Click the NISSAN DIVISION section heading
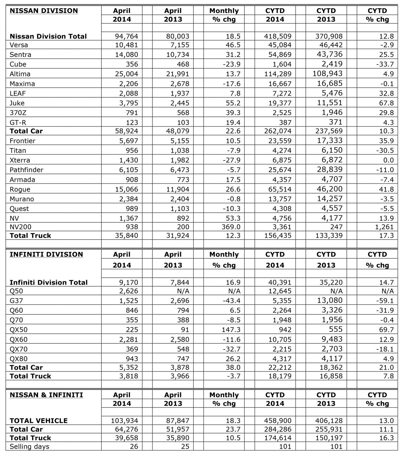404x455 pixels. point(44,11)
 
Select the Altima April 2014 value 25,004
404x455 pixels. point(126,74)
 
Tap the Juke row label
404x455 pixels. point(17,103)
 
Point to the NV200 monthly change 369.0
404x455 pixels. point(230,227)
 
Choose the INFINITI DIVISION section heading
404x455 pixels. point(46,254)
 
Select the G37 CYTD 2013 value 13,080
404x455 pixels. point(330,300)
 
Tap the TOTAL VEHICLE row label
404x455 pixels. point(39,421)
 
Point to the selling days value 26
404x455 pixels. point(134,447)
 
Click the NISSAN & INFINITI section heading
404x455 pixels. point(46,395)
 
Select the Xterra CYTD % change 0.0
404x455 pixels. point(388,160)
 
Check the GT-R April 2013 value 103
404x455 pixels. point(183,122)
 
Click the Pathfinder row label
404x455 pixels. point(27,170)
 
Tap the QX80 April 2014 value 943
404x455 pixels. point(131,359)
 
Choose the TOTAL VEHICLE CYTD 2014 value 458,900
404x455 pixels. point(278,421)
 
